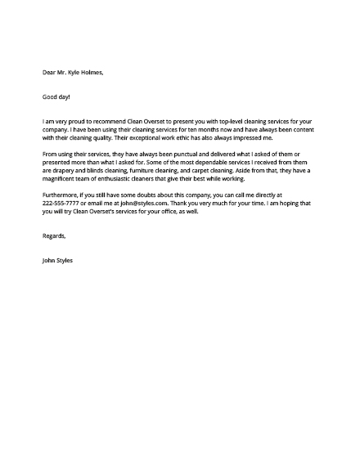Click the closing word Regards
point(54,235)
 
